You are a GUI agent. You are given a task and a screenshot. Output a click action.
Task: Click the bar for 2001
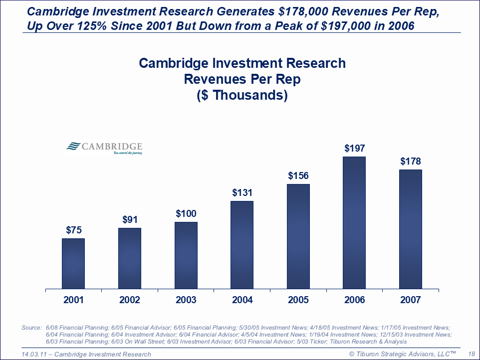point(73,263)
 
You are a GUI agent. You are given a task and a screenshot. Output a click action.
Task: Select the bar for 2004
point(242,245)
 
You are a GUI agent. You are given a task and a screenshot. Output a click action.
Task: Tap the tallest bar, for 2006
point(354,222)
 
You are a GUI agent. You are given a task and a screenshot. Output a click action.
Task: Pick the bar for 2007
point(411,229)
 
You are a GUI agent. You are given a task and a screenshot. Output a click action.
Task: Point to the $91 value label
point(130,219)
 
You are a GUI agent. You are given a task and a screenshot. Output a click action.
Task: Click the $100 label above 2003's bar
point(186,213)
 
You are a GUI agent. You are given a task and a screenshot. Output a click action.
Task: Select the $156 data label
point(298,176)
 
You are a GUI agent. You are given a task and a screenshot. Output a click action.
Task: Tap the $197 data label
point(355,148)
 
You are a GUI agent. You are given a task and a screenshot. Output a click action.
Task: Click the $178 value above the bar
point(411,161)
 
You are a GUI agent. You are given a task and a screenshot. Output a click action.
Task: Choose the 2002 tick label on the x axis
point(130,300)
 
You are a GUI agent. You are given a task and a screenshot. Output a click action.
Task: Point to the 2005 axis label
point(298,300)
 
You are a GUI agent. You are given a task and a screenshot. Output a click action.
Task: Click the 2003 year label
point(186,300)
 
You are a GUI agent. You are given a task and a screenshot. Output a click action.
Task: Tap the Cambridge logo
point(104,148)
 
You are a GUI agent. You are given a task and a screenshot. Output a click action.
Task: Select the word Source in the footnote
point(31,328)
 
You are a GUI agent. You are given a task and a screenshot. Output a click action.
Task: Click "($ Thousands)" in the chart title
point(242,95)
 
